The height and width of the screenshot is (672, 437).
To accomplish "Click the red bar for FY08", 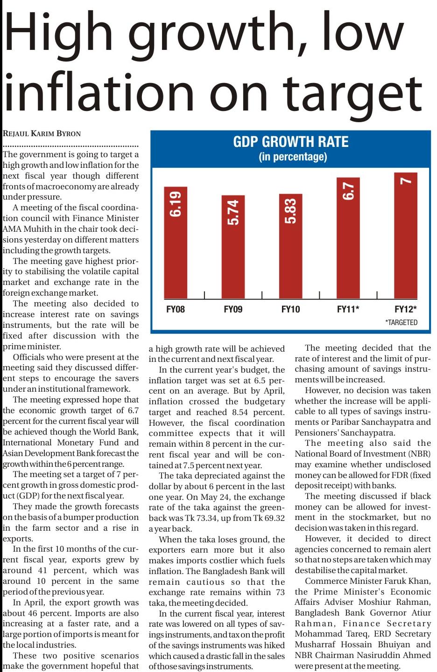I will click(x=176, y=242).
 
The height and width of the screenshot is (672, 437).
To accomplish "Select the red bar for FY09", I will click(x=233, y=247).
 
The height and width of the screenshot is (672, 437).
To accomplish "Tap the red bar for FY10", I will click(x=290, y=246).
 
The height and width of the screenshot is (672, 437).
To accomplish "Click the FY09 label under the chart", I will click(x=233, y=309).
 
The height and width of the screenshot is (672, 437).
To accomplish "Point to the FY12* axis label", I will click(x=406, y=309).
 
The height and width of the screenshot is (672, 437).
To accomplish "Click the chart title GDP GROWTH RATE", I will click(x=291, y=142).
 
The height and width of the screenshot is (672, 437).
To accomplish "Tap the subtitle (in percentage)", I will click(x=293, y=157).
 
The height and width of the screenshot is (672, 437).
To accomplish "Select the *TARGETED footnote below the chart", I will click(x=401, y=322).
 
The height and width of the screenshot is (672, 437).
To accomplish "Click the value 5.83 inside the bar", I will click(x=290, y=212).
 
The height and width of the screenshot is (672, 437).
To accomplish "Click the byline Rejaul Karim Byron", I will click(x=42, y=133).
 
